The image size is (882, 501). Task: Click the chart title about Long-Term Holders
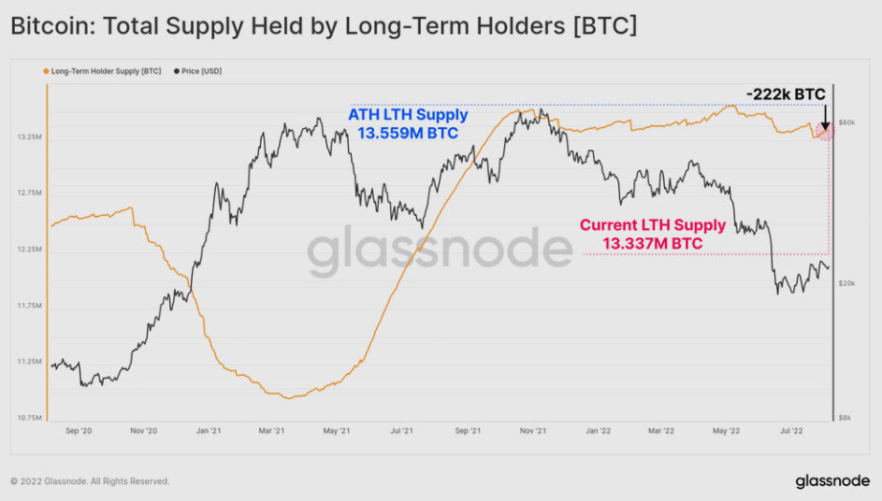[x=324, y=26]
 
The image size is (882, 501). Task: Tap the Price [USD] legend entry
[x=199, y=71]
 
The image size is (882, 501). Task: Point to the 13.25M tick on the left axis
[x=29, y=137]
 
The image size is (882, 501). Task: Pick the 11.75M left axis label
[x=29, y=306]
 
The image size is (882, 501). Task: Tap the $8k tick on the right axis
[x=846, y=417]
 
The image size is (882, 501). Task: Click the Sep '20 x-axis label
[x=79, y=432]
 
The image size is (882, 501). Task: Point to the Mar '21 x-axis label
[x=271, y=432]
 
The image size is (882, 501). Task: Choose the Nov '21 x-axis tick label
[x=531, y=432]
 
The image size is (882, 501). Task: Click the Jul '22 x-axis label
[x=791, y=432]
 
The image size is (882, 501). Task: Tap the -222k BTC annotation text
[x=786, y=94]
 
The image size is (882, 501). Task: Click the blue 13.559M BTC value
[x=408, y=134]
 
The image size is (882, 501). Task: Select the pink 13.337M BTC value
[x=653, y=243]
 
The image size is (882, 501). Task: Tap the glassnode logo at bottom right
[x=833, y=481]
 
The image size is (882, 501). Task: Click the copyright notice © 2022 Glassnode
[x=90, y=481]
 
